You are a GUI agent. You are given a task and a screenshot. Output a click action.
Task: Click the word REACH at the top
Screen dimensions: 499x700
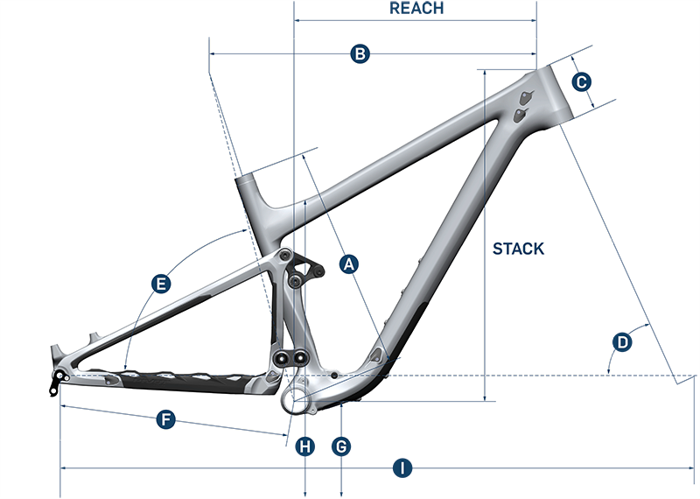(x=416, y=9)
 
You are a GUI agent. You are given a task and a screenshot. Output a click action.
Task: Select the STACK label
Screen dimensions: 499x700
(x=518, y=249)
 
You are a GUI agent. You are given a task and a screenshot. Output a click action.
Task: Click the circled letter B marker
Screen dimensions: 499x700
(x=360, y=54)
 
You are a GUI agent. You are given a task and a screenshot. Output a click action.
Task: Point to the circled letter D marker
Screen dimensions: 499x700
(x=622, y=342)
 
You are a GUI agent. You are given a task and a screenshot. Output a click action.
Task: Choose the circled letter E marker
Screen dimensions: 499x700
(x=159, y=285)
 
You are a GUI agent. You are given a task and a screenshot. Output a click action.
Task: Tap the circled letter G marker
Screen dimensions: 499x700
(x=341, y=446)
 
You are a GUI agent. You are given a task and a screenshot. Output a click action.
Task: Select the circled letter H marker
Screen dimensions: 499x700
(x=304, y=446)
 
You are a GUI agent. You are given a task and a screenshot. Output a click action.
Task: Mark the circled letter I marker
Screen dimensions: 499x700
(x=401, y=469)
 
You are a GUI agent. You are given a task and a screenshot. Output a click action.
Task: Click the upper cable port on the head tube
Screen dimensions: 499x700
(x=525, y=96)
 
